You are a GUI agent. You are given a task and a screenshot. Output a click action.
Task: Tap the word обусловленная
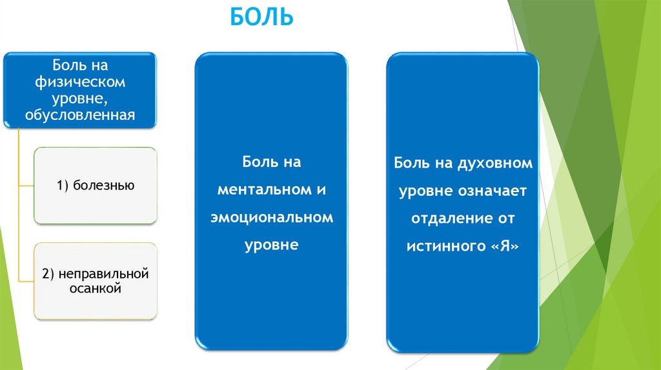pos(81,115)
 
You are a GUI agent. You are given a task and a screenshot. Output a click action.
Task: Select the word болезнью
pos(103,186)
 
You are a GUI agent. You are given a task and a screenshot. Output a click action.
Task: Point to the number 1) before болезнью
pos(62,186)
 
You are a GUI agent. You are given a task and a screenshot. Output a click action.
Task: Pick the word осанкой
pos(96,289)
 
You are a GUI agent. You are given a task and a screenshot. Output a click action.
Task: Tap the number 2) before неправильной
pos(49,275)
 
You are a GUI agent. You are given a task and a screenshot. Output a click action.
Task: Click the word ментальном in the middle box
pos(265,190)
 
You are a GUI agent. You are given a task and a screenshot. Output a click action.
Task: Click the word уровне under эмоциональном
pos(272,245)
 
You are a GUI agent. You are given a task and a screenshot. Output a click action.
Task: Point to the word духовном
pos(494,163)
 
